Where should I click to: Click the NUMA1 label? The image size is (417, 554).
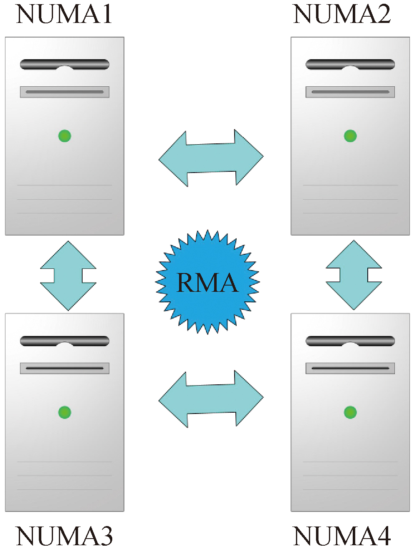pos(64,14)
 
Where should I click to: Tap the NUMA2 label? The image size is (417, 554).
pos(342,14)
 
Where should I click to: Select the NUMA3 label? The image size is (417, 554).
pos(64,536)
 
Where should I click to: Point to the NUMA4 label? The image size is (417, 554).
pos(342,536)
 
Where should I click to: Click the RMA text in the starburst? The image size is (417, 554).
pos(207,283)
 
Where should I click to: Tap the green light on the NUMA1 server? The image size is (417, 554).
pos(65,136)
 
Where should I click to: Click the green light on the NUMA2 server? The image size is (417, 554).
pos(350,136)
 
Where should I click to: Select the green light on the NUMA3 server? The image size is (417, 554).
pos(65,412)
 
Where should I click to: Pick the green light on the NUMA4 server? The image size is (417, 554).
pos(350,412)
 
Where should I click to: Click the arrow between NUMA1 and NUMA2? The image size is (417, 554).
pos(211,158)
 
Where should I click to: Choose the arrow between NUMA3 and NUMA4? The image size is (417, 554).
pos(211,399)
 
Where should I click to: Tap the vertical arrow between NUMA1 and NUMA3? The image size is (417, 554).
pos(68,276)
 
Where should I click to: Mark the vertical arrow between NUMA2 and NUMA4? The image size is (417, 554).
pos(354,275)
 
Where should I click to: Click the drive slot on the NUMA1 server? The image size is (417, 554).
pos(65,92)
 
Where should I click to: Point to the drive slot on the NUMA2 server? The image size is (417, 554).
pos(350,92)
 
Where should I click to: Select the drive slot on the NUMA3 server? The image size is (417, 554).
pos(65,368)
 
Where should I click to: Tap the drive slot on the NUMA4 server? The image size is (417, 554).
pos(350,368)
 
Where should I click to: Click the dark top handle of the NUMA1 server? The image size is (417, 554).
pos(65,64)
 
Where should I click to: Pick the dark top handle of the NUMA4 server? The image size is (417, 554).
pos(350,341)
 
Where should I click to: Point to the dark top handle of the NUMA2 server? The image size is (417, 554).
pos(350,64)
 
